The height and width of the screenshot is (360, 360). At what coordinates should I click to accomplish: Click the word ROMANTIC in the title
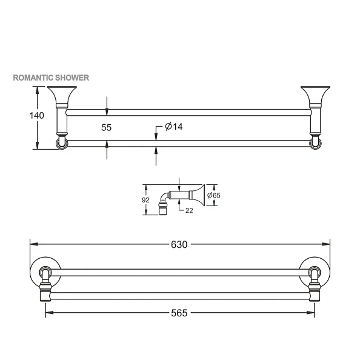click(x=32, y=78)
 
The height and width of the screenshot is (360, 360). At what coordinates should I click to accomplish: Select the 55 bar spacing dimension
click(x=106, y=127)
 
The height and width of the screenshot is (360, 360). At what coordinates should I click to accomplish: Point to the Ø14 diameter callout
click(x=174, y=127)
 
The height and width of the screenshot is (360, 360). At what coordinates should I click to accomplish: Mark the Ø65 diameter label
click(x=213, y=195)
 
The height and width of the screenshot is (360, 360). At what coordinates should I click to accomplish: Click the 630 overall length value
click(x=179, y=245)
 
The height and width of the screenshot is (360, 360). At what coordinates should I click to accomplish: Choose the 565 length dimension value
click(x=179, y=313)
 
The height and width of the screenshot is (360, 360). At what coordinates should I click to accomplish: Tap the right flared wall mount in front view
click(x=315, y=96)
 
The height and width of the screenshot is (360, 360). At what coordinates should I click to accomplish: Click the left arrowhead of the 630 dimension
click(x=33, y=245)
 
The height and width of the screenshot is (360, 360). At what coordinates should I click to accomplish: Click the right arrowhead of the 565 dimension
click(x=312, y=313)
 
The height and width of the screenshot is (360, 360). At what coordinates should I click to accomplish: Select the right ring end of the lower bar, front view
click(x=315, y=143)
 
